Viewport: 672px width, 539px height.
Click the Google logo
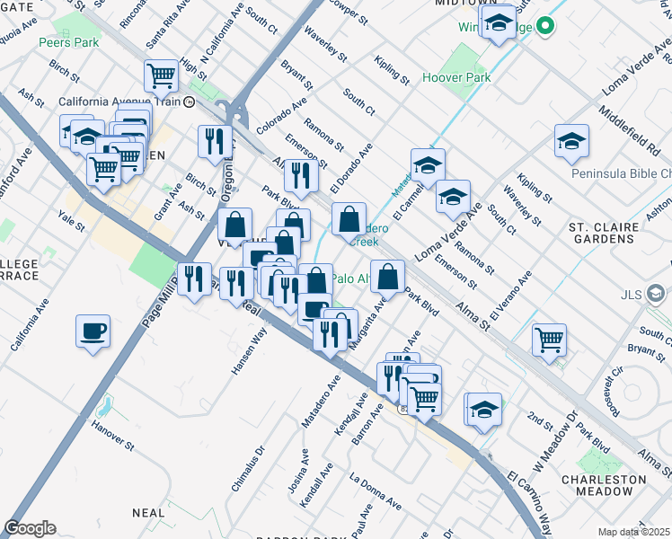pyautogui.click(x=30, y=528)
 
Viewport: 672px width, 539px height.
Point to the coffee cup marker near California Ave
pyautogui.click(x=93, y=331)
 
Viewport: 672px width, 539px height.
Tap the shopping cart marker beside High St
pyautogui.click(x=161, y=75)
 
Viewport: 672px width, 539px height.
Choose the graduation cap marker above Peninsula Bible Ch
pyautogui.click(x=571, y=141)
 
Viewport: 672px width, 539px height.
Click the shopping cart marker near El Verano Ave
pyautogui.click(x=549, y=340)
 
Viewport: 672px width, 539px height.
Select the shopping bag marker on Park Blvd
pyautogui.click(x=387, y=276)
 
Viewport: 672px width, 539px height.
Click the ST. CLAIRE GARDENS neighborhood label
pyautogui.click(x=613, y=233)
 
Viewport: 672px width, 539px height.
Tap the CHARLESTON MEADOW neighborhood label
pyautogui.click(x=618, y=485)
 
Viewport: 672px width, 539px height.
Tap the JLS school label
pyautogui.click(x=632, y=294)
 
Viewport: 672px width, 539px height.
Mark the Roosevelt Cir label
pyautogui.click(x=614, y=386)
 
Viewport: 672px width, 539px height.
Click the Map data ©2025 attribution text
pyautogui.click(x=634, y=532)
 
